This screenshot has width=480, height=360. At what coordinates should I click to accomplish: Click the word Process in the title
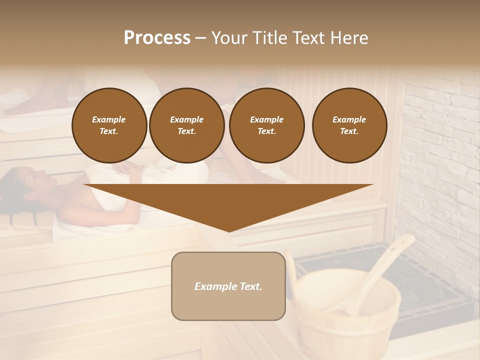pos(157,38)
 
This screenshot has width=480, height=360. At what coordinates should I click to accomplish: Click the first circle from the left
pos(109,125)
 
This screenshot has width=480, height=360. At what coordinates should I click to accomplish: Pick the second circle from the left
pos(187,125)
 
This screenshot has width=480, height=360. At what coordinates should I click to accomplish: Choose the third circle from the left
pos(267,125)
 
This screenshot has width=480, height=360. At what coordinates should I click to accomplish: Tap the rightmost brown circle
pos(349,125)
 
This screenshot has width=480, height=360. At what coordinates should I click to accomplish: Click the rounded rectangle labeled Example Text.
pos(228,286)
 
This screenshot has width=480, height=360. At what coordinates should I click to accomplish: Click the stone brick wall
pos(440,150)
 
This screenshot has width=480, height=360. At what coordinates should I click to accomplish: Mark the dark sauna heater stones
pos(425,280)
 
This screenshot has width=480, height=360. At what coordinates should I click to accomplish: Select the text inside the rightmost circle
pos(349,125)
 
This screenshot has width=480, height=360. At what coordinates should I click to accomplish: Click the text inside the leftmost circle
pos(109,125)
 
